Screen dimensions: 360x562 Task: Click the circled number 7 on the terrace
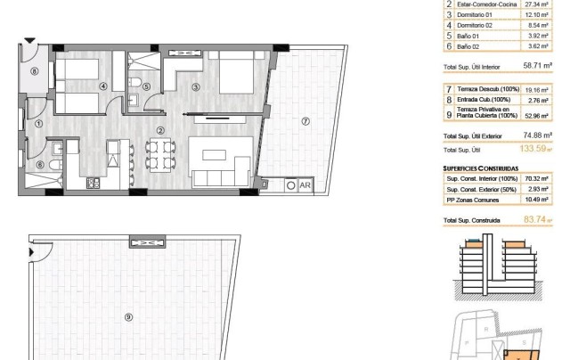(x=305, y=122)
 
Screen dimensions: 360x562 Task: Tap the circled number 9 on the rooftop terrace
(x=128, y=316)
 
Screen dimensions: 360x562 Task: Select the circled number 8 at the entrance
(x=34, y=71)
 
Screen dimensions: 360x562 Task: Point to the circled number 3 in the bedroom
(x=196, y=86)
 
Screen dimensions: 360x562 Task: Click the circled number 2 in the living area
(x=160, y=131)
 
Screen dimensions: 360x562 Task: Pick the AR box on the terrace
(x=305, y=185)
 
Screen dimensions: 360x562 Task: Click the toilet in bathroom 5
(x=134, y=85)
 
